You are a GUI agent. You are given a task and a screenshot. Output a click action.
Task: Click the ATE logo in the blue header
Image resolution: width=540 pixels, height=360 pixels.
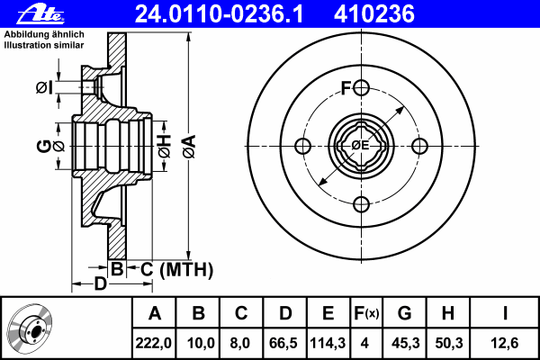tap(40, 13)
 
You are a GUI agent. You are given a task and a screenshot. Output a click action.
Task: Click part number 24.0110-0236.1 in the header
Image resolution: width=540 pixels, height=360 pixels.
tap(219, 13)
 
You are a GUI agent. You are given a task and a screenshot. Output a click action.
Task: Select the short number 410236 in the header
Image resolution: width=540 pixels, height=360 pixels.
tap(374, 13)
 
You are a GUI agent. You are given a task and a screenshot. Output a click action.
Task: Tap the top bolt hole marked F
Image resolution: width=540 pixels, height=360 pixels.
tap(361, 88)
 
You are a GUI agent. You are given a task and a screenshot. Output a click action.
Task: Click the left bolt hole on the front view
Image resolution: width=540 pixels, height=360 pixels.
tap(303, 146)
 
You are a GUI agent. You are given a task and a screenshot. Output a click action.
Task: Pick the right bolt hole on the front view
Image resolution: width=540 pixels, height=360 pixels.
tap(419, 146)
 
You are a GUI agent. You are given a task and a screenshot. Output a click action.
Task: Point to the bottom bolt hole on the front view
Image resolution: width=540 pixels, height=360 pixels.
tap(361, 204)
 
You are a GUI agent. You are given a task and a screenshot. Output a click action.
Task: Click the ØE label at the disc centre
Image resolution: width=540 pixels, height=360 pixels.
tap(360, 146)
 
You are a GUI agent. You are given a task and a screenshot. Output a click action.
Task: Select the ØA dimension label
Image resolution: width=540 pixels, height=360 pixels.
tap(189, 147)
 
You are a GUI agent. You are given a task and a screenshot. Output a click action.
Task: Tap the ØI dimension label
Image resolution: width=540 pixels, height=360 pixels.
tap(45, 88)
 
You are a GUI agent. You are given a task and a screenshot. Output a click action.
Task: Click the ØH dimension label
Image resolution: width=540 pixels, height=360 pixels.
tap(165, 146)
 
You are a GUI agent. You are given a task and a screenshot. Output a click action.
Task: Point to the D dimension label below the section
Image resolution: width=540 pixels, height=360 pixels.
tap(100, 284)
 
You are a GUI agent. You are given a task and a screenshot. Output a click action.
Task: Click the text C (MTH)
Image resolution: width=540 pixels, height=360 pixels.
tap(176, 269)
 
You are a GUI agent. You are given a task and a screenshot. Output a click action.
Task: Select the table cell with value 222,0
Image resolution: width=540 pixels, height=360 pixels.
tap(153, 343)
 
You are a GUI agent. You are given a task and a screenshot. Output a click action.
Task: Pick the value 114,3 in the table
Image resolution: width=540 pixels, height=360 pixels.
tap(328, 343)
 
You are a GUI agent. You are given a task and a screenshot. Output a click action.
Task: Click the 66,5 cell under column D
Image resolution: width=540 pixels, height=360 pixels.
tap(284, 343)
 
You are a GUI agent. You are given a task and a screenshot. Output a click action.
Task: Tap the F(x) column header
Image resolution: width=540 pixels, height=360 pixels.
tap(366, 313)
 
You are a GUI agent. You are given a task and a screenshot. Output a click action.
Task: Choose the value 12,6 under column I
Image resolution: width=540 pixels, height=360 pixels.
tap(504, 343)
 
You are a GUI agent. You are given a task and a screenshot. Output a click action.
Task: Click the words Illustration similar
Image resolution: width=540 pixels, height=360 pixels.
tap(44, 45)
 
